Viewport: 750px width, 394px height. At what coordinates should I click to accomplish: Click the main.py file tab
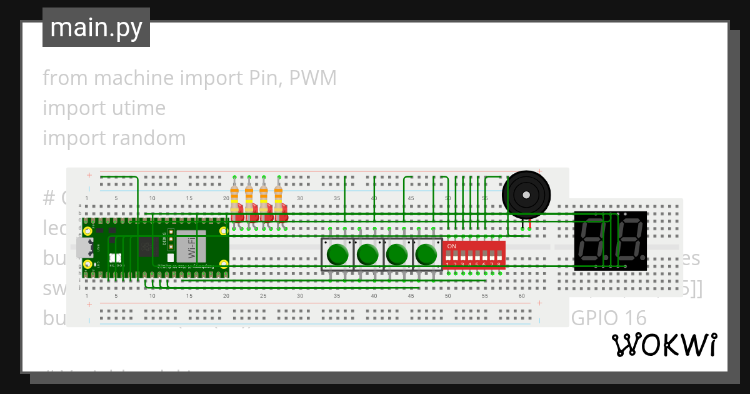96,28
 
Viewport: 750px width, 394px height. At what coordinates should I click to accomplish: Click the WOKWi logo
664,345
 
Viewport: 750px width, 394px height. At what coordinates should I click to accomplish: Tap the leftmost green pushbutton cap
337,255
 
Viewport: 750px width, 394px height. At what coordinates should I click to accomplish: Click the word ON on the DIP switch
452,246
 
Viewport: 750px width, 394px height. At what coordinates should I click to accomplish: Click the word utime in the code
139,108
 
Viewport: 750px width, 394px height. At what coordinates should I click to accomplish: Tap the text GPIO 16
609,318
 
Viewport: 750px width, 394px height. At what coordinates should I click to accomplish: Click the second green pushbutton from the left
367,255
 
